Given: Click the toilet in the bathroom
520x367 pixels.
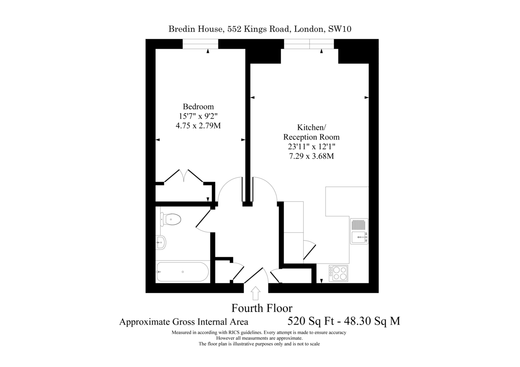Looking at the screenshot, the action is pos(171,219).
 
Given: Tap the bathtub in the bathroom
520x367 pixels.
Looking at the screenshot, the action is pos(183,272).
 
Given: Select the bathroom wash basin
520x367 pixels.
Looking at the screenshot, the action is pos(161,242).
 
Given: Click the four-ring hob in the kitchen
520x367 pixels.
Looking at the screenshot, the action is pos(338,274).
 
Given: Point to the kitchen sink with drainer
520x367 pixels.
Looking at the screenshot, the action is pos(359,232).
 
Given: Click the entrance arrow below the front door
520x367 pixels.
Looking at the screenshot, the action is pos(256,293).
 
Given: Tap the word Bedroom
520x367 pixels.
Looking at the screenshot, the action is pos(198,106).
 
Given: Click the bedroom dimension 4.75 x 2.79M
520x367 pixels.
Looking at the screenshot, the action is pos(198,126).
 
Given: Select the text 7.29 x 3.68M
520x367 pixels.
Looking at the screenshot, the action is pos(311,156).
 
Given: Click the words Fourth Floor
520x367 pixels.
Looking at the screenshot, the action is pos(262,308).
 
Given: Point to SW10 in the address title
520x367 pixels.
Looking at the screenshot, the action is pos(340,29).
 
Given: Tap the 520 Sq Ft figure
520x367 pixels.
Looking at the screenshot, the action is pos(311,321).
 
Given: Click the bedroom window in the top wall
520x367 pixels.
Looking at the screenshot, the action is pos(200,44).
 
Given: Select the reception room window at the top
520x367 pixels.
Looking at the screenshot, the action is pos(309,44).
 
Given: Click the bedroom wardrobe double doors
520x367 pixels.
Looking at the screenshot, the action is pos(184,176).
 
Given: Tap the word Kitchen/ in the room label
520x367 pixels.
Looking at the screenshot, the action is pos(312,127).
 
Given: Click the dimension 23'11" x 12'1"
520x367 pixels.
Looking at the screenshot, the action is pos(312,147).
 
